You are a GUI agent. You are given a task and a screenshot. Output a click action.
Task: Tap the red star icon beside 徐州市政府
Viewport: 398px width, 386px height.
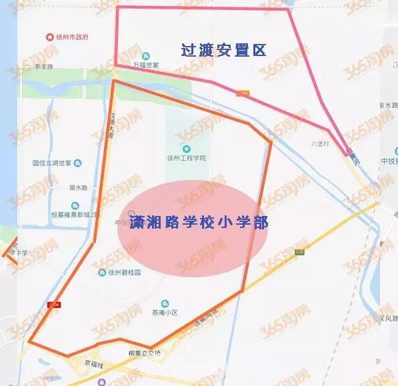pyautogui.click(x=48, y=37)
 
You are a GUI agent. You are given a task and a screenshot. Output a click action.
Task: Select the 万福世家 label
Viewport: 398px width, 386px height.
pyautogui.click(x=145, y=66)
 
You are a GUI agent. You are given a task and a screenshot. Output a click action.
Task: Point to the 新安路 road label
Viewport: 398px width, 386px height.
pyautogui.click(x=43, y=67)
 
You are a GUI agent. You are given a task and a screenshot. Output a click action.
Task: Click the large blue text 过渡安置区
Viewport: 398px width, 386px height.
pyautogui.click(x=223, y=49)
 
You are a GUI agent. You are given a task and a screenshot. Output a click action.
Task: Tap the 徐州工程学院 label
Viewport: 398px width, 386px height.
pyautogui.click(x=187, y=158)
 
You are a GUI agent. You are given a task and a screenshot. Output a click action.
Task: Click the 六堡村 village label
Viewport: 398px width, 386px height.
pyautogui.click(x=320, y=143)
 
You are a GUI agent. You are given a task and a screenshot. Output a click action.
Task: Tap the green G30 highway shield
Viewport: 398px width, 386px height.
pyautogui.click(x=300, y=252)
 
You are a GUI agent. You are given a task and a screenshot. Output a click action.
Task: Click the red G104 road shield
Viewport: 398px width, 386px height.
pyautogui.click(x=55, y=305)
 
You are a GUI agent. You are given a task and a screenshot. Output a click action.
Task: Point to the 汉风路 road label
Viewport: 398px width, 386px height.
pyautogui.click(x=386, y=321)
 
